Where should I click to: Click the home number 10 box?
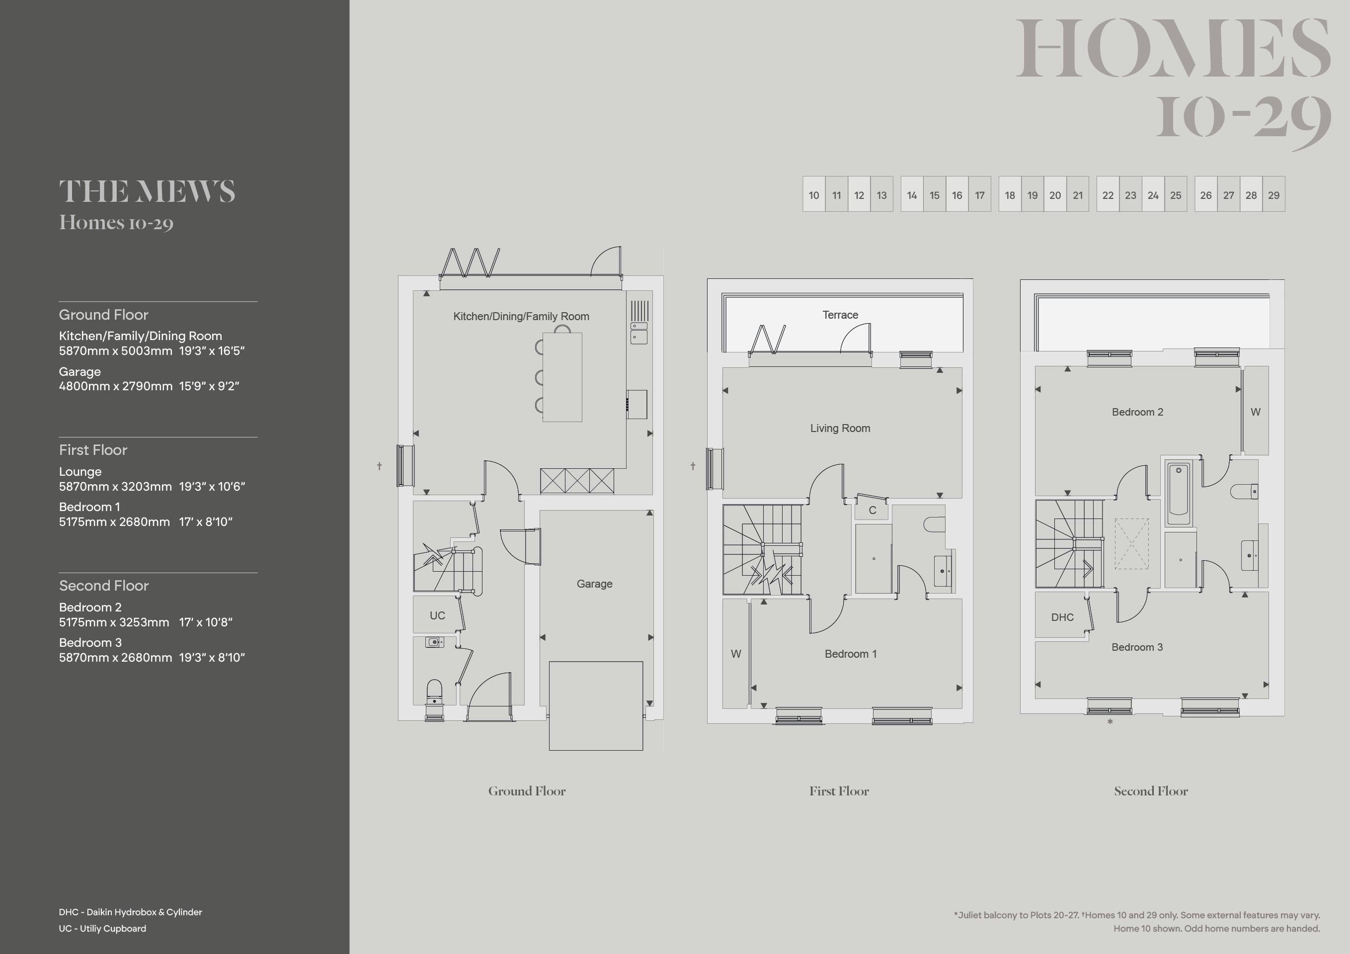[x=814, y=194]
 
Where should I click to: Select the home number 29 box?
[x=1273, y=194]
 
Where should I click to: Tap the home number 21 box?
[x=1078, y=194]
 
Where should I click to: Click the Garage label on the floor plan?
[x=594, y=584]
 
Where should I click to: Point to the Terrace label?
[x=840, y=315]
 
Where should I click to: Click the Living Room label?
[x=840, y=428]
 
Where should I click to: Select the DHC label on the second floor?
[x=1062, y=617]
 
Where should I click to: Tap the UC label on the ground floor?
[x=437, y=615]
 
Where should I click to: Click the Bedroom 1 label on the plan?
[x=851, y=653]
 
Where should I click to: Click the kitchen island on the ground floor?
[x=562, y=377]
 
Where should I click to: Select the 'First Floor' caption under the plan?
[x=839, y=791]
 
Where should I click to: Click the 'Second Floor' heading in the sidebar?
[x=103, y=585]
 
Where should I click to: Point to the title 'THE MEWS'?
[x=147, y=192]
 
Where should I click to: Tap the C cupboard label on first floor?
[x=873, y=510]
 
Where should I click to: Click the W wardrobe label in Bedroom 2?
[x=1255, y=412]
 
